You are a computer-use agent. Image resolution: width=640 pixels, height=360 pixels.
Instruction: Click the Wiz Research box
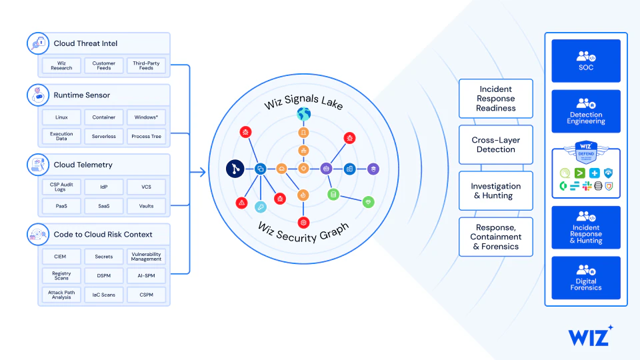(x=61, y=65)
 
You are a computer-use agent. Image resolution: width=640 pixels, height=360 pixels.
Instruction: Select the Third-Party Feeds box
(x=146, y=65)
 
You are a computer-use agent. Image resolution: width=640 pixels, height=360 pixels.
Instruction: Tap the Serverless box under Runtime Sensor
(x=103, y=136)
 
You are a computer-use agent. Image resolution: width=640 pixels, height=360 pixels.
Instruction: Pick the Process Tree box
(x=146, y=136)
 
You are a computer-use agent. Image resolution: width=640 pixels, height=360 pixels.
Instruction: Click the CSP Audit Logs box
(x=61, y=187)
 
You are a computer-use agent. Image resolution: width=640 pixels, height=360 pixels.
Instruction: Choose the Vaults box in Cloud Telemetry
(x=146, y=206)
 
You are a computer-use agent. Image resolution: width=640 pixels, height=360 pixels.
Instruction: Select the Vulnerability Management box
(x=146, y=257)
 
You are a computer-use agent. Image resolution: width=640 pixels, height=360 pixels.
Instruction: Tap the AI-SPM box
(x=146, y=275)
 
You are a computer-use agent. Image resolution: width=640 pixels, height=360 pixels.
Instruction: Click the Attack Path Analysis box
(x=61, y=295)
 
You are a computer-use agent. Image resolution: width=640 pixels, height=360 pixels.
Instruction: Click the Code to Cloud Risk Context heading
(x=103, y=234)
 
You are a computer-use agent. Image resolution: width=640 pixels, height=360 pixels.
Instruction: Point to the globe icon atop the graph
(x=303, y=114)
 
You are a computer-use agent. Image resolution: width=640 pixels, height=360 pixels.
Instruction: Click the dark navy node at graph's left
(x=235, y=169)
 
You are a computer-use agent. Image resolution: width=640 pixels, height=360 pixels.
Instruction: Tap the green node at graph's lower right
(x=368, y=201)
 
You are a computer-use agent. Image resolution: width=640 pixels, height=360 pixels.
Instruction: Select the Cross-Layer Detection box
(x=495, y=145)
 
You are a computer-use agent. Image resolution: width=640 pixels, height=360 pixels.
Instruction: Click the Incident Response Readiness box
(x=495, y=99)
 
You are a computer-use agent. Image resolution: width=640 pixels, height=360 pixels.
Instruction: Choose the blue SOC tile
(x=586, y=61)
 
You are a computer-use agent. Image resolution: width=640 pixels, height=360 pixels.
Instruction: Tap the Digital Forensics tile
(x=586, y=278)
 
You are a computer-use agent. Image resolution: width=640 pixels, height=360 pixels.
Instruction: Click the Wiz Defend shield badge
(x=586, y=153)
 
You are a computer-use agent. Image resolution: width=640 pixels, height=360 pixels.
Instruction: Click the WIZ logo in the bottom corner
(x=590, y=335)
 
